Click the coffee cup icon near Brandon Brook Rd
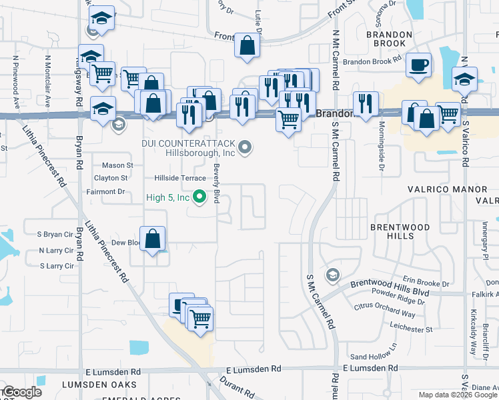click(x=418, y=65)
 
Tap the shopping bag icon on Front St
click(x=247, y=46)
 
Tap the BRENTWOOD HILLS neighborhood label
click(x=400, y=231)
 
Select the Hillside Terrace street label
click(x=180, y=178)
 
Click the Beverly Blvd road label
click(x=216, y=179)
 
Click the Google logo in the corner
click(x=21, y=393)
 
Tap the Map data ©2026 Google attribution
click(x=457, y=395)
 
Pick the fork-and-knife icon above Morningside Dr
click(x=366, y=103)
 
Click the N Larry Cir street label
click(x=56, y=250)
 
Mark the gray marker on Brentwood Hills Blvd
click(x=332, y=275)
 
